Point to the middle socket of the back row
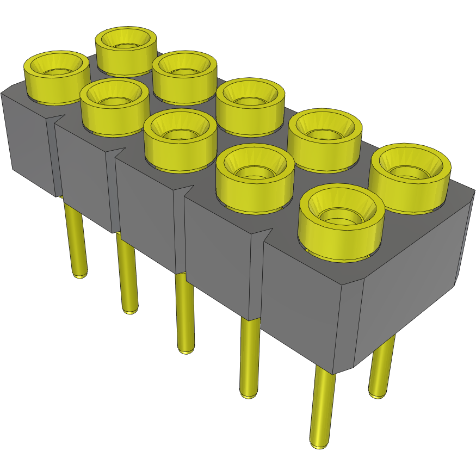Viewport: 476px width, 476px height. pos(250,103)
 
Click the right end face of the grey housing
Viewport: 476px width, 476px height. pos(413,272)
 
